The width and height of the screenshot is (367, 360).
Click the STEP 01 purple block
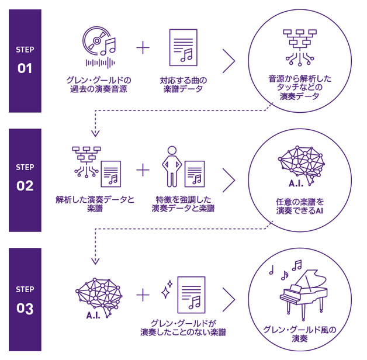tap(25, 61)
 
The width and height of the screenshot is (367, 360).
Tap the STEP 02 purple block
tap(25, 179)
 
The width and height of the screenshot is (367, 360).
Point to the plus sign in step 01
tap(143, 47)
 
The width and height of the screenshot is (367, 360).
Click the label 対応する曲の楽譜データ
tap(183, 84)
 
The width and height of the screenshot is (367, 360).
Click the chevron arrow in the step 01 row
tap(228, 61)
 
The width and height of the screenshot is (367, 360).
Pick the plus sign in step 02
tap(143, 170)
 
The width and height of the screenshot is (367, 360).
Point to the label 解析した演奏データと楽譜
tap(95, 204)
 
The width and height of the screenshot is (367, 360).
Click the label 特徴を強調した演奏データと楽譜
tap(183, 204)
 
